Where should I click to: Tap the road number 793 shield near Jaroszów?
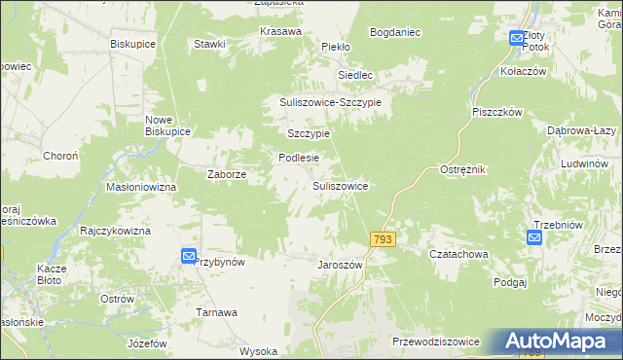(x=382, y=239)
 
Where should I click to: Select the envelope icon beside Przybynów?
(x=189, y=256)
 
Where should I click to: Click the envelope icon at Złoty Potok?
(x=517, y=38)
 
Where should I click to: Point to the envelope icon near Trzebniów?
(x=535, y=237)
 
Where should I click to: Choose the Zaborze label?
(x=226, y=175)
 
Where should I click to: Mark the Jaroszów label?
(x=340, y=265)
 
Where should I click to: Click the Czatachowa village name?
(x=458, y=254)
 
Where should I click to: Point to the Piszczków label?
(x=497, y=112)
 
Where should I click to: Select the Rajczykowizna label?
(x=116, y=231)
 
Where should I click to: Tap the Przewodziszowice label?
(x=435, y=342)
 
